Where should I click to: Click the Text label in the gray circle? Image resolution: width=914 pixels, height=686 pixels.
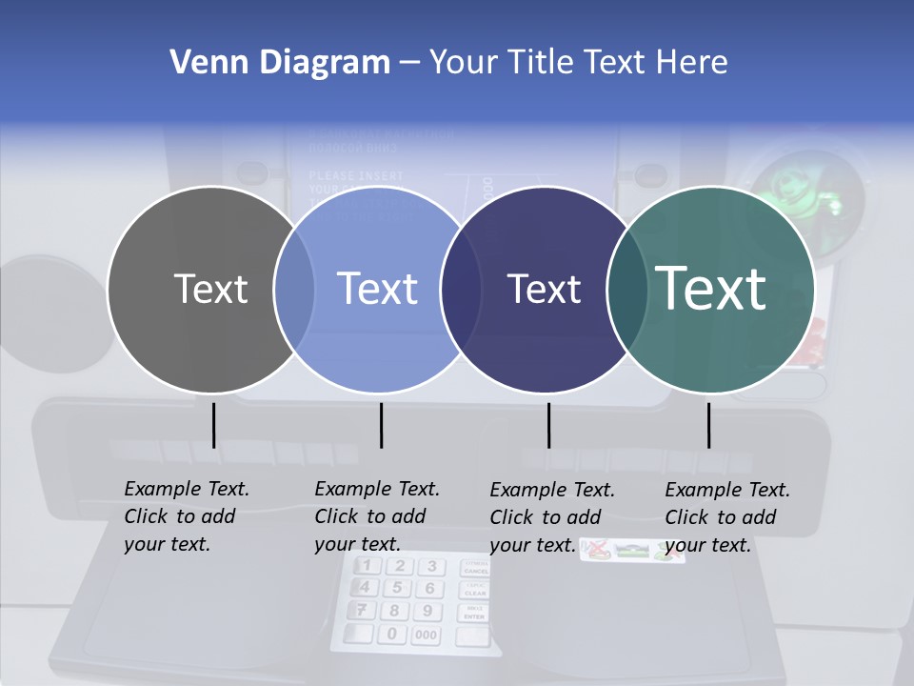pos(210,289)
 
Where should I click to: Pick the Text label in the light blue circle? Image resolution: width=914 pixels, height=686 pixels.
pos(378,289)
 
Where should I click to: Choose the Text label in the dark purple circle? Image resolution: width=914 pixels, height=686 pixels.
pos(544,289)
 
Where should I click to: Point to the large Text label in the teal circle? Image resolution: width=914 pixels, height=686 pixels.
pos(711,289)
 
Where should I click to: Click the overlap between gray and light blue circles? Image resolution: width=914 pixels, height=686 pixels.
pos(294,290)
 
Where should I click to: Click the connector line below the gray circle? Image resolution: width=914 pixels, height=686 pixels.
pos(213,425)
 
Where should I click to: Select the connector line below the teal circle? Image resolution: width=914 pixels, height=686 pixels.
pos(708,425)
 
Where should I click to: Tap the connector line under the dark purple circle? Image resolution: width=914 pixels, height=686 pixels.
pos(548,425)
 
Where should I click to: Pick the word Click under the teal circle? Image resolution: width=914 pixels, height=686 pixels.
pos(685,517)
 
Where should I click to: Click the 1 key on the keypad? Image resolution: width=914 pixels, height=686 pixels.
pos(366,567)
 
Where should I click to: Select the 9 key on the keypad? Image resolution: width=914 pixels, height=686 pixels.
pos(427,611)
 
